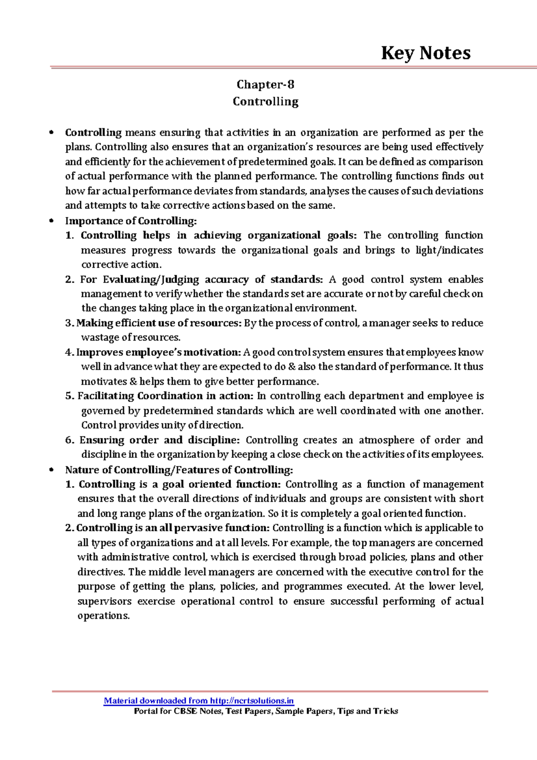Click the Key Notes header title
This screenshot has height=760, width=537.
pyautogui.click(x=426, y=53)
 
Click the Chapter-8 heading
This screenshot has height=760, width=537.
pyautogui.click(x=265, y=85)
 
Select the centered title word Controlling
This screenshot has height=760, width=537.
pyautogui.click(x=265, y=102)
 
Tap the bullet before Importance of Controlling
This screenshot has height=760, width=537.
pyautogui.click(x=52, y=221)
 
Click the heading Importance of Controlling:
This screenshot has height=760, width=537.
pyautogui.click(x=131, y=221)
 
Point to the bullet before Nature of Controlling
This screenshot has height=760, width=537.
pyautogui.click(x=52, y=470)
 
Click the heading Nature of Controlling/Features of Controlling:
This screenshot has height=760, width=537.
pyautogui.click(x=179, y=470)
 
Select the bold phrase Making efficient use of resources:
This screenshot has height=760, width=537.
pyautogui.click(x=159, y=323)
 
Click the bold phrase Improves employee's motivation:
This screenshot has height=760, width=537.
pyautogui.click(x=159, y=352)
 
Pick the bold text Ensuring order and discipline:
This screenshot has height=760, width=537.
pyautogui.click(x=160, y=440)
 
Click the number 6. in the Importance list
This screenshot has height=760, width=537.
pyautogui.click(x=70, y=440)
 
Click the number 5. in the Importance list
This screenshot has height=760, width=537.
pyautogui.click(x=70, y=396)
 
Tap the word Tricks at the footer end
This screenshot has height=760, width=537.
pyautogui.click(x=385, y=711)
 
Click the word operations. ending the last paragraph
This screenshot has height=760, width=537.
pyautogui.click(x=103, y=616)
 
